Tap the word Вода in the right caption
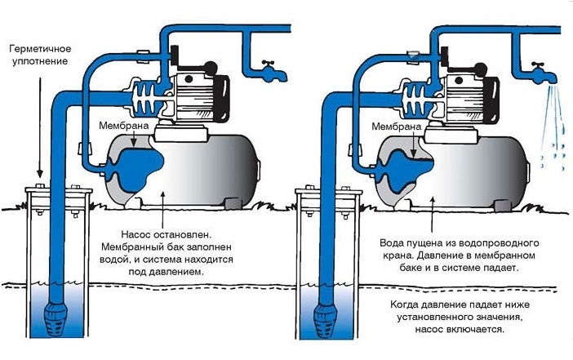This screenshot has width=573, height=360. tap(396, 243)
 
